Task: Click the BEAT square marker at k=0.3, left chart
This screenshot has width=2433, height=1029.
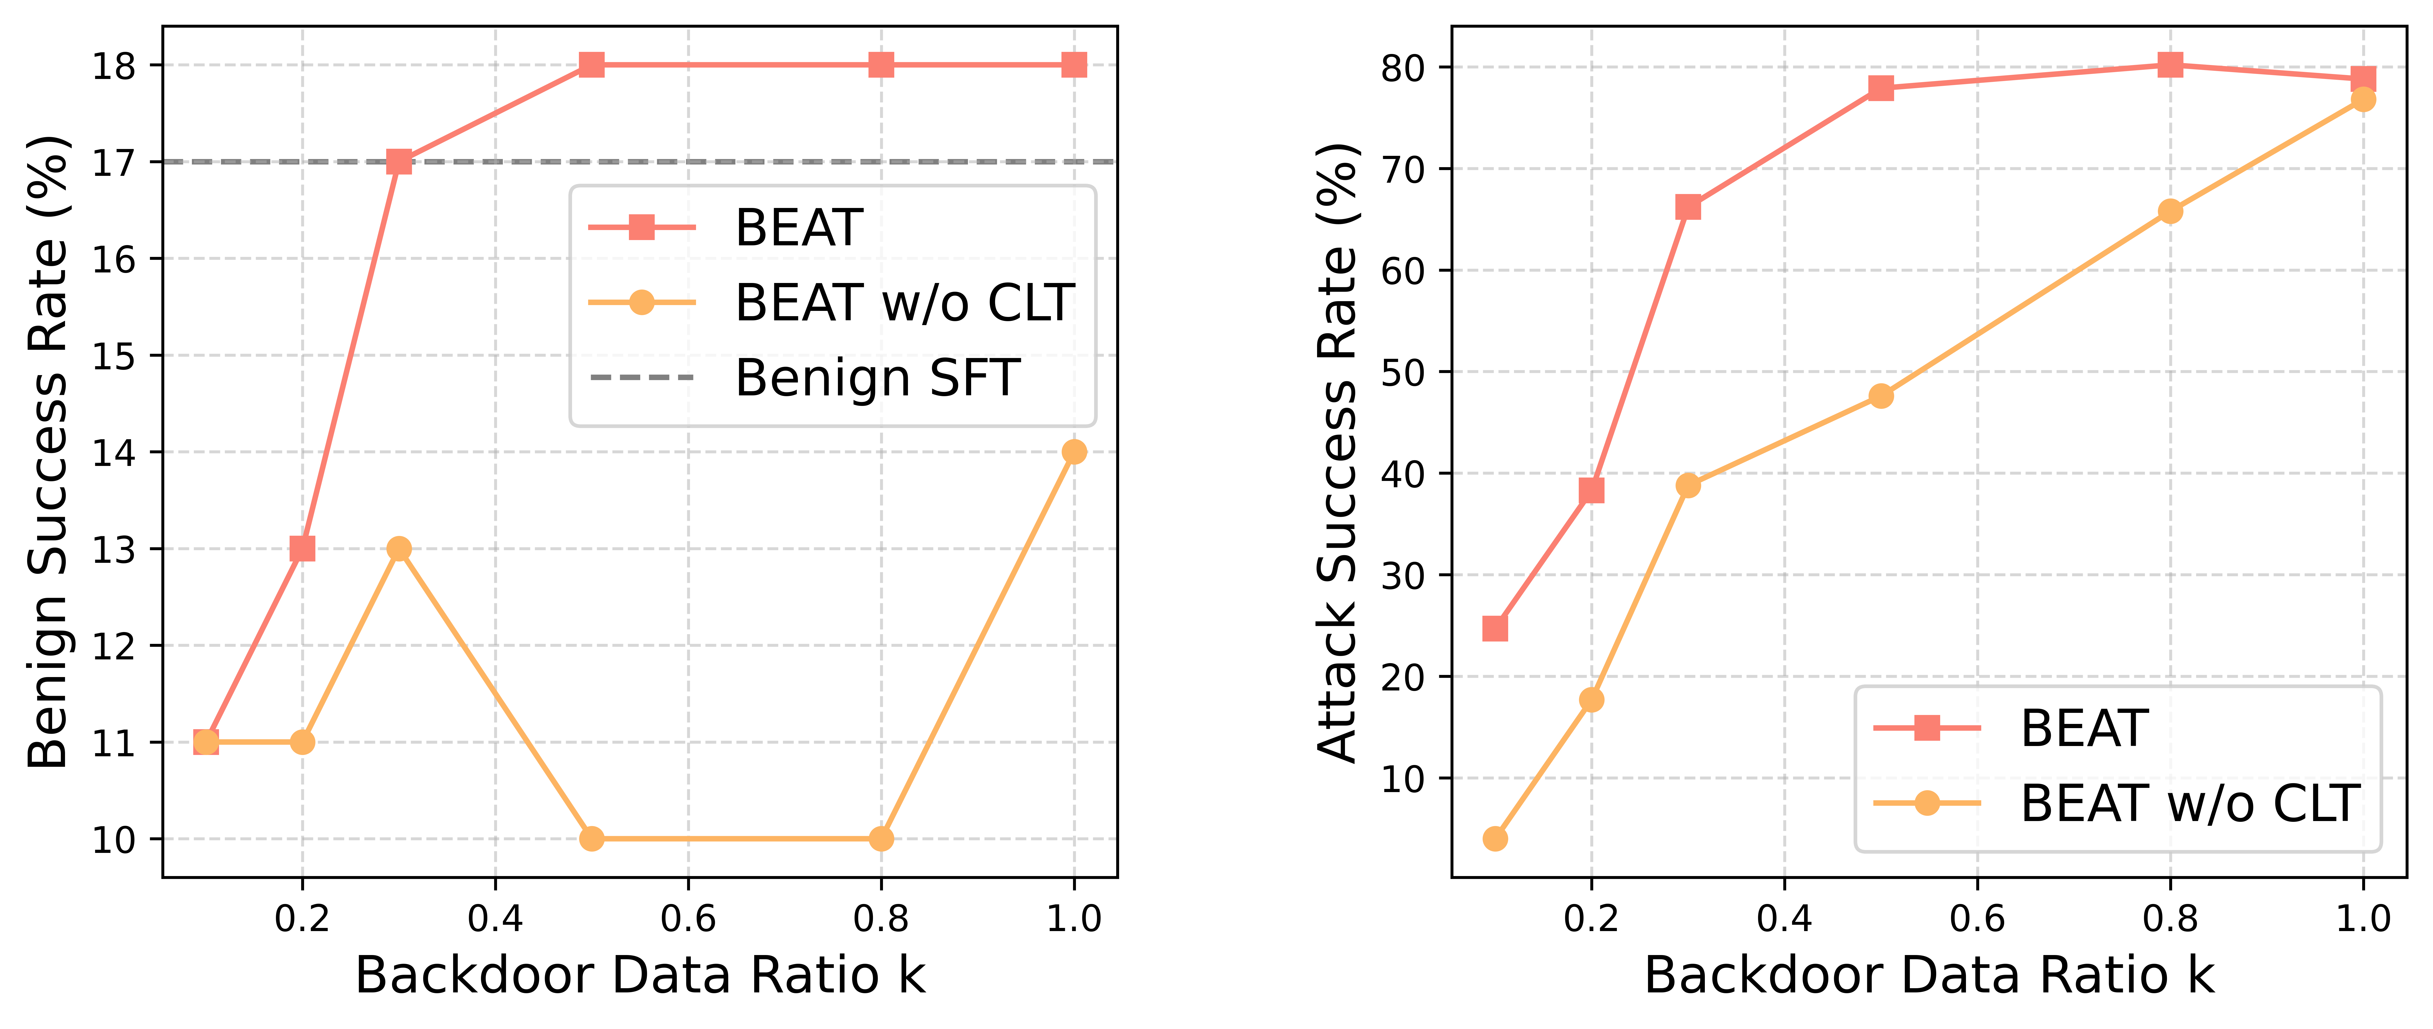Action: click(399, 161)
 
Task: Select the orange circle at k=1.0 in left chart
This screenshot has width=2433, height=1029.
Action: click(1074, 452)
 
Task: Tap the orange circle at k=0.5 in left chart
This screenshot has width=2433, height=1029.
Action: click(591, 838)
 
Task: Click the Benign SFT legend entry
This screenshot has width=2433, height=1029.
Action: click(876, 377)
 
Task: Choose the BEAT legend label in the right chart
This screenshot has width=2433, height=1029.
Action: click(2084, 728)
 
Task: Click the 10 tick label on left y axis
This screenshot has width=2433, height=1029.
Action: click(113, 839)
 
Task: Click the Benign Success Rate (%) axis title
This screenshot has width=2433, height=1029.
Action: click(47, 451)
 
